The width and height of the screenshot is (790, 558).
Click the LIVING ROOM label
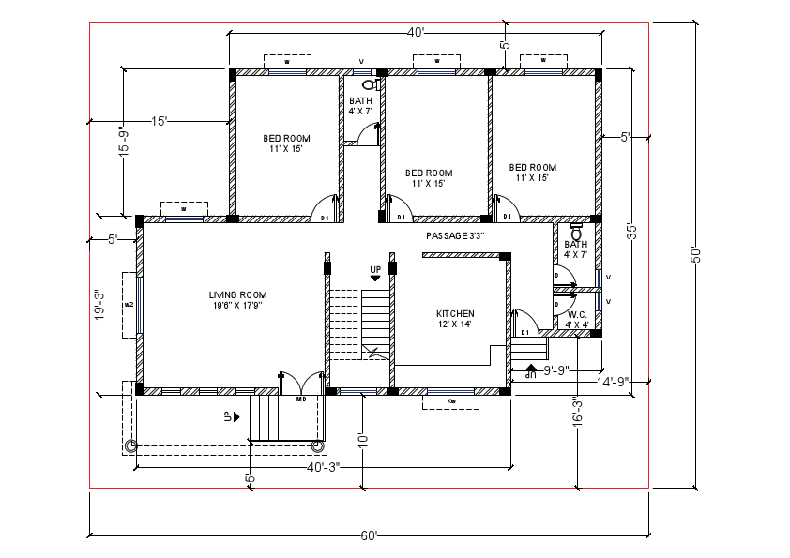[x=238, y=295]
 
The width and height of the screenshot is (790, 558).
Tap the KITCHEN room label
[x=455, y=313]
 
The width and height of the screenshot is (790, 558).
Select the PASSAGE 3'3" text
[x=454, y=235]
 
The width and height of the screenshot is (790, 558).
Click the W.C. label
[x=577, y=314]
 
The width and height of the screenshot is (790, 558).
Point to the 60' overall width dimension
[x=369, y=536]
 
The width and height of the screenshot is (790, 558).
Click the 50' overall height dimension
[x=696, y=254]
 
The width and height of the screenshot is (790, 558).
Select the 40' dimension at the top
[x=416, y=33]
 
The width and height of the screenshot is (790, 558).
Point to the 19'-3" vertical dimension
[x=99, y=306]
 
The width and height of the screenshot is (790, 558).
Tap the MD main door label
[x=301, y=399]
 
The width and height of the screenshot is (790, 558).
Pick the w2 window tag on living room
[x=129, y=305]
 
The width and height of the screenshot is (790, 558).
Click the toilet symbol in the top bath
[x=368, y=83]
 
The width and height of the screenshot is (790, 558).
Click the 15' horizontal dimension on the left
[x=159, y=120]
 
